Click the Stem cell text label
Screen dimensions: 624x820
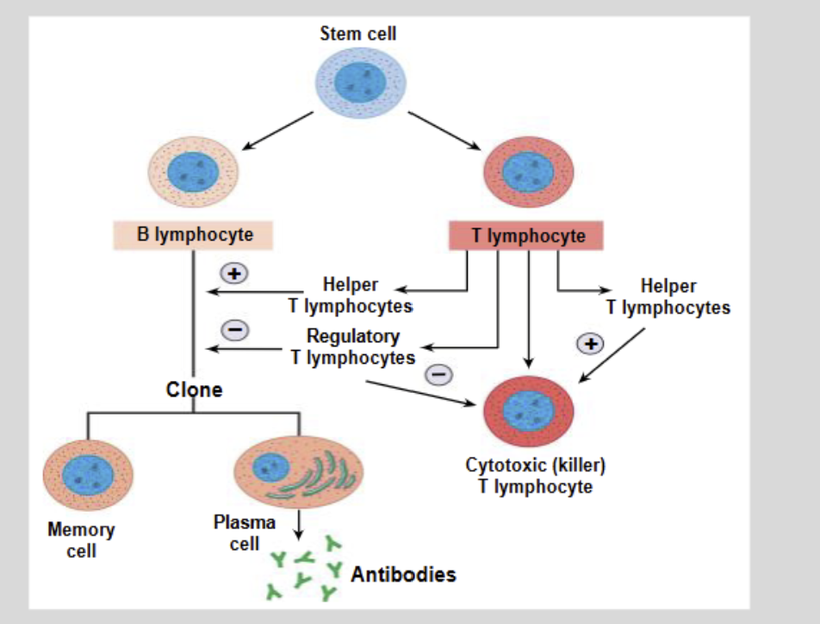[358, 34]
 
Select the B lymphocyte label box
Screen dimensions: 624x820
[194, 235]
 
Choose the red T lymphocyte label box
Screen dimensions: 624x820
[526, 235]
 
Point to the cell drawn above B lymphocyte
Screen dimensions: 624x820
[194, 172]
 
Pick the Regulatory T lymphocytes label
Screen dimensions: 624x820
[353, 346]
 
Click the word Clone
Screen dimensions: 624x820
[194, 390]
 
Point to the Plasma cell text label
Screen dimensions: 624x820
[245, 533]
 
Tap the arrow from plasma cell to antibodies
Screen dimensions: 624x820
[298, 522]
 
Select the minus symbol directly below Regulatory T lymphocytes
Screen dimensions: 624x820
[439, 375]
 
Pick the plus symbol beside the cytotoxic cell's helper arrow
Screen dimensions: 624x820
[590, 343]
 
